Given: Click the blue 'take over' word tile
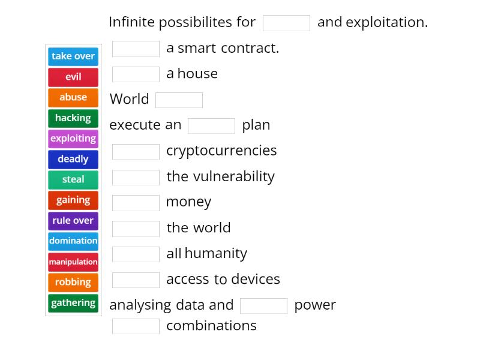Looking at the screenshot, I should (x=73, y=56).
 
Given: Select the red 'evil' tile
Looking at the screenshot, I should (x=73, y=77).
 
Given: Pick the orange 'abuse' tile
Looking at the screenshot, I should (x=73, y=97).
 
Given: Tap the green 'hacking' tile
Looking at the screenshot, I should (x=73, y=118).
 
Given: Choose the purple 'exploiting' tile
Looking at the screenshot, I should (x=73, y=139).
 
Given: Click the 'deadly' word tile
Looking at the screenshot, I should (x=73, y=159).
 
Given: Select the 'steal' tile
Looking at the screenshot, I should (x=73, y=179).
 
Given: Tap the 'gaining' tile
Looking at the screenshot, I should (x=73, y=200).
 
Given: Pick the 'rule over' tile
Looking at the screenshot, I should (x=73, y=221).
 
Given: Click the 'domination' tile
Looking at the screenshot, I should (x=73, y=241).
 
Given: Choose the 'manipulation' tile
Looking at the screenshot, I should (x=73, y=262).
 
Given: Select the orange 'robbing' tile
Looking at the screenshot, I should (x=73, y=282).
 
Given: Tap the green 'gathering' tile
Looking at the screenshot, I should (x=73, y=303).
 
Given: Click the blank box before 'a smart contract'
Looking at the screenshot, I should (x=136, y=49).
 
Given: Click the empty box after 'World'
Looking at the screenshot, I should (x=179, y=100).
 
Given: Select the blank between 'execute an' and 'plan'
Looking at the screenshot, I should (x=211, y=125).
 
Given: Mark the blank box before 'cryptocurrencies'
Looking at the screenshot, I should (x=136, y=151).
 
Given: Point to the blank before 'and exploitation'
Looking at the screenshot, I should (x=286, y=23).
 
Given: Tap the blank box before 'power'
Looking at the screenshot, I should (x=263, y=305).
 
